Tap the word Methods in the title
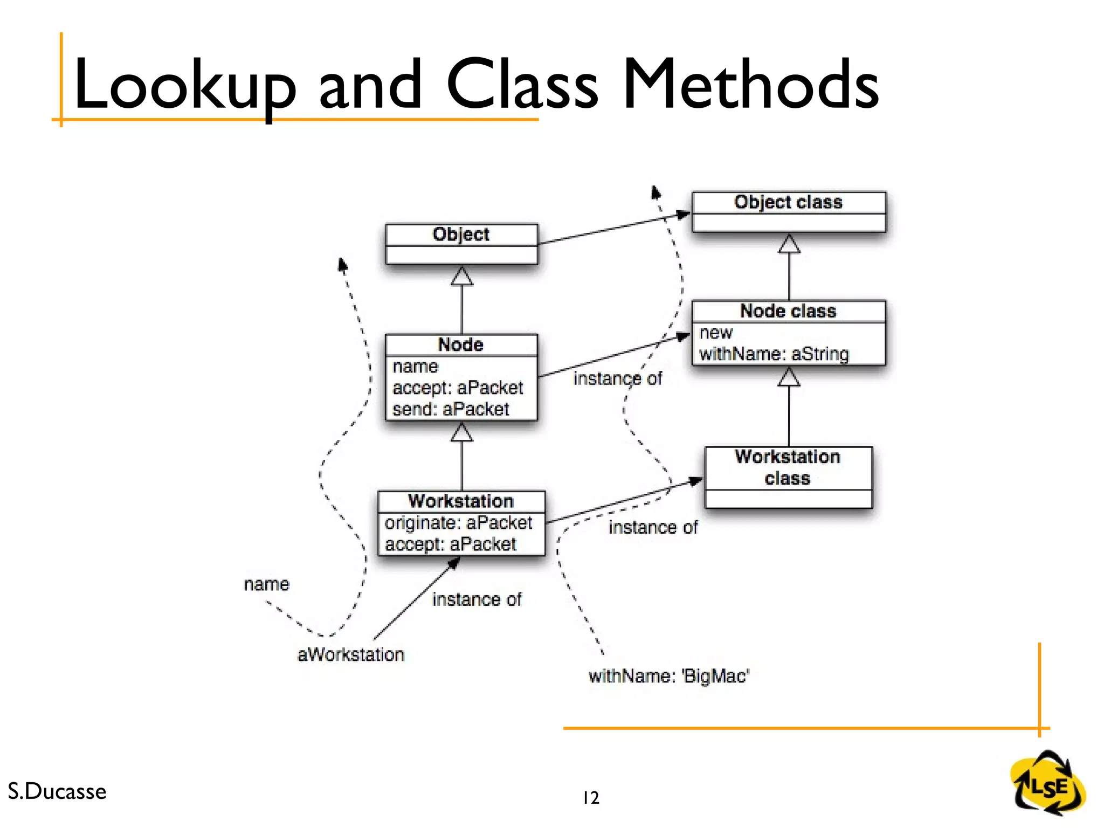pyautogui.click(x=750, y=85)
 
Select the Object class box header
pyautogui.click(x=788, y=202)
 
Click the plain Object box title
pyautogui.click(x=461, y=234)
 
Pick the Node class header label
pyautogui.click(x=788, y=311)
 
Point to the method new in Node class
pyautogui.click(x=716, y=333)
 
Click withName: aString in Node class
pyautogui.click(x=774, y=354)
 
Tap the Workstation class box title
pyautogui.click(x=788, y=467)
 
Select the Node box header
pyautogui.click(x=461, y=344)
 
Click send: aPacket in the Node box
pyautogui.click(x=451, y=409)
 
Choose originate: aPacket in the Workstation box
pyautogui.click(x=458, y=522)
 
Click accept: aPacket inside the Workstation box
pyautogui.click(x=451, y=544)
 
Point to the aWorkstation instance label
pyautogui.click(x=351, y=654)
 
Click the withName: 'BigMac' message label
pyautogui.click(x=669, y=676)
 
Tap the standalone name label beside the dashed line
pyautogui.click(x=266, y=584)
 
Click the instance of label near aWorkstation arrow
pyautogui.click(x=477, y=599)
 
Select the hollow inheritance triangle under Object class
pyautogui.click(x=789, y=244)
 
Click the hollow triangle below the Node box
pyautogui.click(x=461, y=433)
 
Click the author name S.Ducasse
pyautogui.click(x=57, y=791)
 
